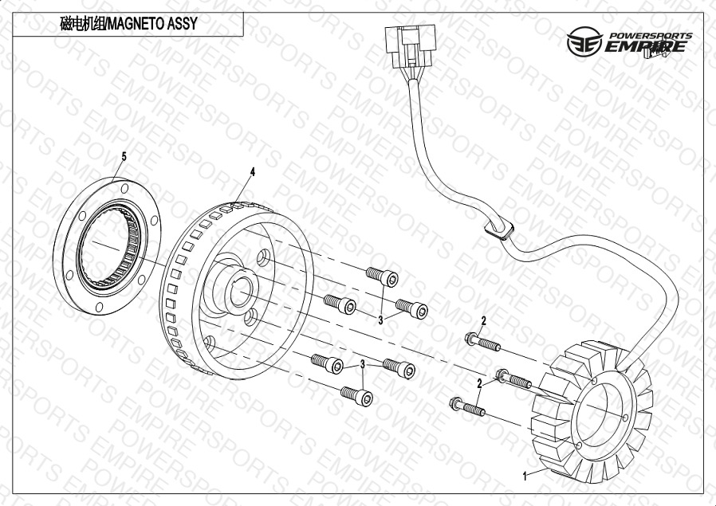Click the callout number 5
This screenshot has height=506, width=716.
pyautogui.click(x=124, y=156)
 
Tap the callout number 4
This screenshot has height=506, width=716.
pyautogui.click(x=253, y=171)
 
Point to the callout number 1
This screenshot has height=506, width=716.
pyautogui.click(x=525, y=477)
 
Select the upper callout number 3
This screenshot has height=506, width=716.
pyautogui.click(x=380, y=320)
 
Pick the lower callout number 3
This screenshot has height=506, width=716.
pyautogui.click(x=363, y=364)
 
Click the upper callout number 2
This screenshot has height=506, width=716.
pyautogui.click(x=483, y=321)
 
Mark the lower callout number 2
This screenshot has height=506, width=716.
pyautogui.click(x=479, y=384)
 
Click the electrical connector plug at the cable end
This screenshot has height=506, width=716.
pyautogui.click(x=411, y=46)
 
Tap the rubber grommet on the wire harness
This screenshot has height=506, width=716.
pyautogui.click(x=498, y=228)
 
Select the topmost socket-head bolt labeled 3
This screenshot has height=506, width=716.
pyautogui.click(x=382, y=277)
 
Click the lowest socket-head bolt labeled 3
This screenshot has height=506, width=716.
pyautogui.click(x=356, y=396)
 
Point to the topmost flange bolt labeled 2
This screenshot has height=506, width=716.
pyautogui.click(x=482, y=342)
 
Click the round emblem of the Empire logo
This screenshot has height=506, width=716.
pyautogui.click(x=584, y=41)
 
